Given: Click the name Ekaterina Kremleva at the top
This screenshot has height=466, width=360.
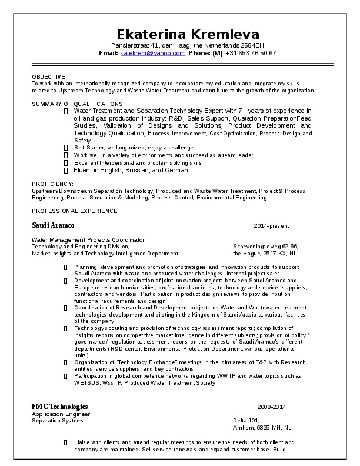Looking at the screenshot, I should pyautogui.click(x=188, y=33).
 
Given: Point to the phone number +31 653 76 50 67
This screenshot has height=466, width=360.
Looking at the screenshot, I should pyautogui.click(x=250, y=53).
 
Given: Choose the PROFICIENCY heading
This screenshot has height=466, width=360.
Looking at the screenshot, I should pyautogui.click(x=52, y=184).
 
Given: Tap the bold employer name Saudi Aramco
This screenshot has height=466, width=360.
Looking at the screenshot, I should pyautogui.click(x=53, y=226).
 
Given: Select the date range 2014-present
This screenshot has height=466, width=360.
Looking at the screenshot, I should pyautogui.click(x=271, y=226).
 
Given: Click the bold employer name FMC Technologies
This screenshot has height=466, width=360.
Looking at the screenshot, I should pyautogui.click(x=60, y=407).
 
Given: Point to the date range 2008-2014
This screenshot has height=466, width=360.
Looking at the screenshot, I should pyautogui.click(x=271, y=407).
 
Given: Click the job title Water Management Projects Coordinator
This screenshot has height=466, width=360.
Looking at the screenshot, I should pyautogui.click(x=88, y=240).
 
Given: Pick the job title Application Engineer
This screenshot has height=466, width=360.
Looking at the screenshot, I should pyautogui.click(x=57, y=414).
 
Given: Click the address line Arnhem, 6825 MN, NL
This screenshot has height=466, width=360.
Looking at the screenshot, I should pyautogui.click(x=262, y=428).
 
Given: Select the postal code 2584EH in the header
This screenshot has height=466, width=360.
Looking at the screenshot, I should pyautogui.click(x=251, y=45).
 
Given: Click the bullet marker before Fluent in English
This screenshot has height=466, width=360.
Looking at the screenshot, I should pyautogui.click(x=66, y=171).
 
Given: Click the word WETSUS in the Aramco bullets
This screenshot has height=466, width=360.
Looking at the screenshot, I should pyautogui.click(x=86, y=383).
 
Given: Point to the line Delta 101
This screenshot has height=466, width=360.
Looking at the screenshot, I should pyautogui.click(x=246, y=421).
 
